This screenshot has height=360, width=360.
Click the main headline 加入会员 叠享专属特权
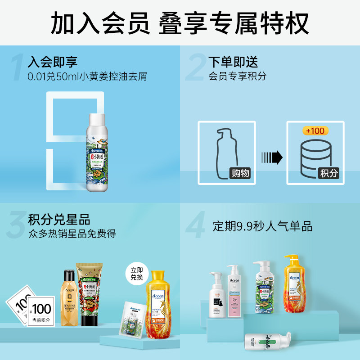pos(180,22)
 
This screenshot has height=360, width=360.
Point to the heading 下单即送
pos(233,61)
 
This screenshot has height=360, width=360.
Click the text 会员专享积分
pos(237,76)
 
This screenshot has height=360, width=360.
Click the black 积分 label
pos(328,173)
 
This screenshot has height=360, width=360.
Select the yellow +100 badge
pos(315,130)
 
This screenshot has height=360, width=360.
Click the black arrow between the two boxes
pos(271,157)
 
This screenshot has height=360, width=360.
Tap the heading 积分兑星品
pos(59,220)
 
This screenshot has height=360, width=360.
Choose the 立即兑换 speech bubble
pos(136,273)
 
